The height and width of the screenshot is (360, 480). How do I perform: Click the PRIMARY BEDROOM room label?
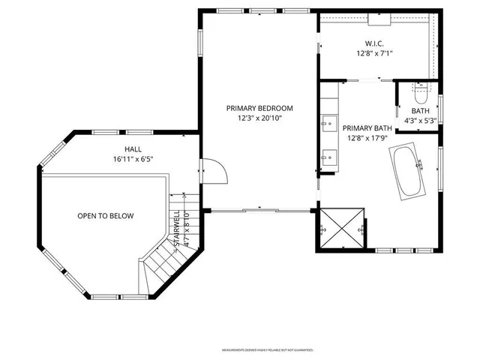point(259,108)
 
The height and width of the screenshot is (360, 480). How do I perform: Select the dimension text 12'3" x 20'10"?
point(259,118)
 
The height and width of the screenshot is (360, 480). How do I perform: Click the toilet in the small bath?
point(420,95)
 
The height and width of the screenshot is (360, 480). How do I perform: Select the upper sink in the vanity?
point(328,123)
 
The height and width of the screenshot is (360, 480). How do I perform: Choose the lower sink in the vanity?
point(328,156)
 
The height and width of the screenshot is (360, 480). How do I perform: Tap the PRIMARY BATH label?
point(367,127)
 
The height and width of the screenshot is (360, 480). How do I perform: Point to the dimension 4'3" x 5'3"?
point(420,120)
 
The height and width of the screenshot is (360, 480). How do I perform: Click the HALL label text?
point(133,148)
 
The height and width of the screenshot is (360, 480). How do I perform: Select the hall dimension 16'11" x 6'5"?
point(133,159)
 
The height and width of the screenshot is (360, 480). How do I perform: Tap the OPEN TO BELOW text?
point(105,216)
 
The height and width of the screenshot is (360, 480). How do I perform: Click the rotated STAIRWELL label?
point(177,229)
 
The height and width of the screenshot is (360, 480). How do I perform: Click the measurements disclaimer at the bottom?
point(266,350)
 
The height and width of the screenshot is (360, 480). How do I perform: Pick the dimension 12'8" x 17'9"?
point(367,138)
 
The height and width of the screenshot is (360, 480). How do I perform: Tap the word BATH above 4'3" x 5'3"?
point(420,110)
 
